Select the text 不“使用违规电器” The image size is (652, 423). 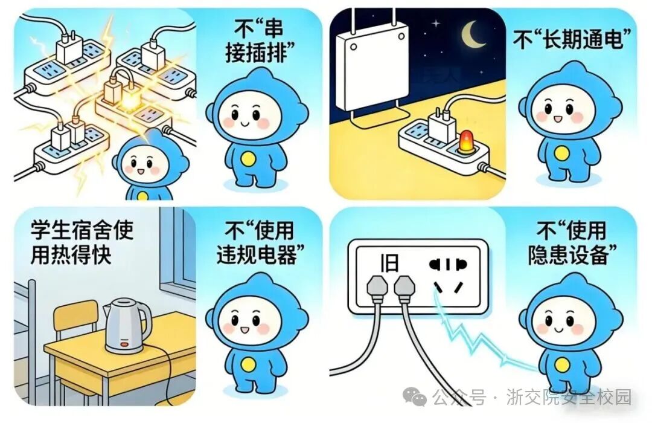[x=256, y=243]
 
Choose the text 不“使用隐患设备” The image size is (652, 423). [x=571, y=243]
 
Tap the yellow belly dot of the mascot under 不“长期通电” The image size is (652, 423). [x=561, y=153]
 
